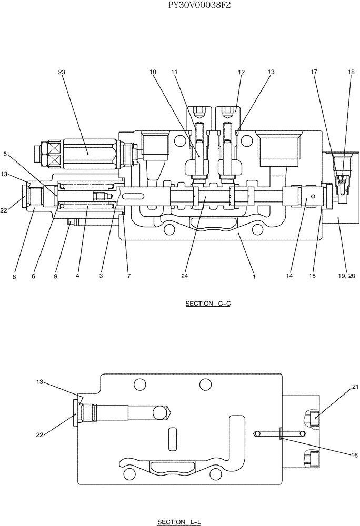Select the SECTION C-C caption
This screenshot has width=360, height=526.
click(208, 304)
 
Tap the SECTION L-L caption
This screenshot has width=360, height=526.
click(179, 521)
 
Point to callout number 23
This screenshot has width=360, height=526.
click(61, 73)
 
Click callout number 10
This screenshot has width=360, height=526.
click(152, 73)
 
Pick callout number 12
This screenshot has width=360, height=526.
click(242, 73)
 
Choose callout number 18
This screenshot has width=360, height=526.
click(351, 73)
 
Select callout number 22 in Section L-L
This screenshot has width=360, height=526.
click(40, 434)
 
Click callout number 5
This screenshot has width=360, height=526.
click(6, 154)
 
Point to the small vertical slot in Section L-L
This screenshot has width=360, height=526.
click(172, 439)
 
